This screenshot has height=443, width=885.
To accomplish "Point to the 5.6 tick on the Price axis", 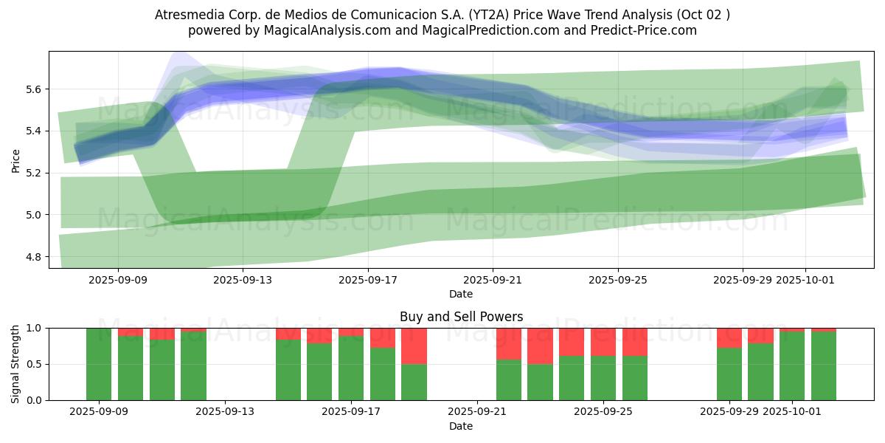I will [32, 89].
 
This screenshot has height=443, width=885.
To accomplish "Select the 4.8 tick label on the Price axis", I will [32, 257].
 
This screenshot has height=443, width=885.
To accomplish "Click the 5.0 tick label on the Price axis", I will [32, 215].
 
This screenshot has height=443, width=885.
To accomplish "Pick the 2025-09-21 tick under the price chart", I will [492, 280].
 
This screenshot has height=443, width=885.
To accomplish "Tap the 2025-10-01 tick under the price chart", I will [805, 280].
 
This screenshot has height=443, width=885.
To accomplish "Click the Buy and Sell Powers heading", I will [461, 317].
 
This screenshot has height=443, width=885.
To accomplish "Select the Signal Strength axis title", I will [15, 363].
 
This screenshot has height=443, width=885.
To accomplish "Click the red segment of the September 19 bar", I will [414, 346].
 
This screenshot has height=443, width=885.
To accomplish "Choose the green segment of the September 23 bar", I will [540, 382].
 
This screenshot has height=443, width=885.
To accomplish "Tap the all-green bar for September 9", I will [99, 364].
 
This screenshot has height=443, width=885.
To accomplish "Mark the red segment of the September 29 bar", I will [729, 337].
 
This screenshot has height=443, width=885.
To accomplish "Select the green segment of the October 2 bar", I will [824, 365].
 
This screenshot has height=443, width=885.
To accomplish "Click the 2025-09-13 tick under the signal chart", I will [225, 412].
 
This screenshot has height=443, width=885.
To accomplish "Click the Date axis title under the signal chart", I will [461, 426].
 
